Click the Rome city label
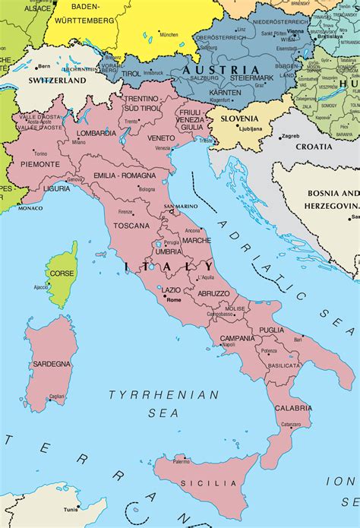[174, 299]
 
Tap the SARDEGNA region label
[51, 365]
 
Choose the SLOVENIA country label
[239, 119]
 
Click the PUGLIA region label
[271, 330]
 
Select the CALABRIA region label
[294, 408]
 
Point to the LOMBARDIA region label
[96, 133]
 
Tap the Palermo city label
[181, 461]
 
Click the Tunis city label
[71, 509]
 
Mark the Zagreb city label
[290, 136]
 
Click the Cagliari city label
[56, 396]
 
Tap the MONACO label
[30, 207]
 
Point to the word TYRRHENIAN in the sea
[163, 395]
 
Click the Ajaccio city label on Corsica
[42, 287]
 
